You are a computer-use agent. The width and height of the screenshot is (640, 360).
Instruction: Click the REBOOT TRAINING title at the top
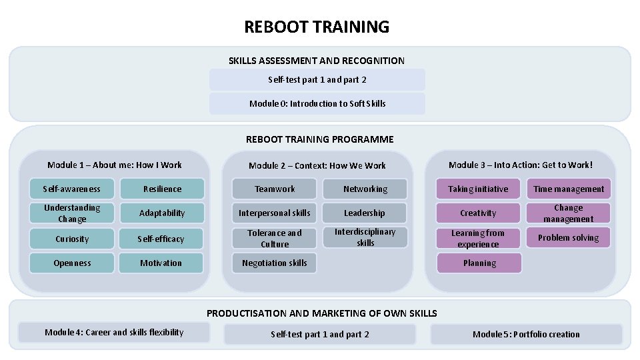(317, 27)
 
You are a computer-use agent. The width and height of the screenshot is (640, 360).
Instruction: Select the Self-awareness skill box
(72, 189)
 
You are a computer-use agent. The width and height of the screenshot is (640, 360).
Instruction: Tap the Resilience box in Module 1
(161, 189)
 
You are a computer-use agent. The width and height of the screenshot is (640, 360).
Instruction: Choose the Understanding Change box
(72, 213)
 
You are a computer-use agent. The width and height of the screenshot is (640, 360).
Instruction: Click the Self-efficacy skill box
(161, 239)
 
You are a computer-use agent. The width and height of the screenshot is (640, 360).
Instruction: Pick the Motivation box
(161, 263)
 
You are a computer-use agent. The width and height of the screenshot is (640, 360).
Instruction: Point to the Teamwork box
(275, 189)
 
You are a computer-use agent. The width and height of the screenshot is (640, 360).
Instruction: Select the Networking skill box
(365, 189)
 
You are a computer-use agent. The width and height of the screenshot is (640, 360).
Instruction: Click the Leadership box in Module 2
(365, 213)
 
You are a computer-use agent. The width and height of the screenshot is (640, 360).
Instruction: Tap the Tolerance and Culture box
(275, 238)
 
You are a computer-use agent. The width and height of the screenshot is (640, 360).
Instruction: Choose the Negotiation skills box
(275, 263)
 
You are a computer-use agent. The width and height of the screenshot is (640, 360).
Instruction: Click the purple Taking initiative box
(478, 189)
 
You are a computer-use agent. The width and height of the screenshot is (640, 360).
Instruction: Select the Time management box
(569, 189)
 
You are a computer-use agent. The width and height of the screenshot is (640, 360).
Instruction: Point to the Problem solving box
(569, 237)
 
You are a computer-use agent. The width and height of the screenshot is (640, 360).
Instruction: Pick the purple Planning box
(479, 263)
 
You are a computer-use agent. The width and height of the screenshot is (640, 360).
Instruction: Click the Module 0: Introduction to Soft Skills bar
(317, 103)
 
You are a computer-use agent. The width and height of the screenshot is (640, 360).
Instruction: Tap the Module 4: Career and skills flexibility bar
(114, 332)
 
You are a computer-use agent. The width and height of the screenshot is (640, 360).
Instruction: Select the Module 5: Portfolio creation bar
(526, 334)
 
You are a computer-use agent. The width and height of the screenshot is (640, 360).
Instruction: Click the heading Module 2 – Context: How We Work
(317, 165)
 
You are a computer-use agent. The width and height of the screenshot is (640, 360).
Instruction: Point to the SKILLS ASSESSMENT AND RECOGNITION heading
(317, 61)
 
